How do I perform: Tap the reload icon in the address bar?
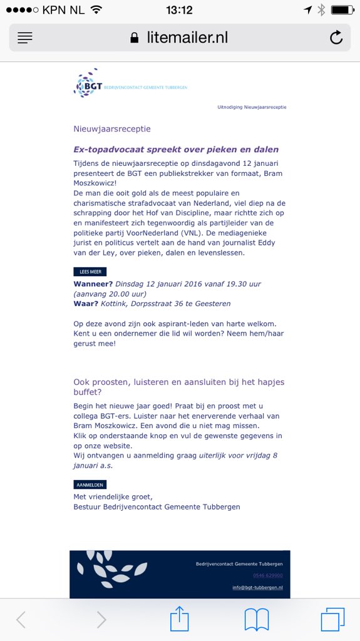pyautogui.click(x=336, y=38)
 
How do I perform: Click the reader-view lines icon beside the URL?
pyautogui.click(x=25, y=38)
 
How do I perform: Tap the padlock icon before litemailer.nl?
pyautogui.click(x=134, y=38)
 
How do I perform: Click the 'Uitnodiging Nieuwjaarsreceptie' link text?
pyautogui.click(x=252, y=107)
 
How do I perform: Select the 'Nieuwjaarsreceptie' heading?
pyautogui.click(x=112, y=129)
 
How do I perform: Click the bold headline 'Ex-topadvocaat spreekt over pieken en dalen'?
pyautogui.click(x=176, y=150)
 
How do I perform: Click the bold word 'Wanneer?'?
pyautogui.click(x=93, y=284)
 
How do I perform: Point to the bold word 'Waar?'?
pyautogui.click(x=86, y=304)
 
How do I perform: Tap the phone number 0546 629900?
pyautogui.click(x=268, y=575)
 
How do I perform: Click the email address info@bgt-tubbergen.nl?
pyautogui.click(x=257, y=587)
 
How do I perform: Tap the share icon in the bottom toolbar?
pyautogui.click(x=180, y=620)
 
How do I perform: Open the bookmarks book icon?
pyautogui.click(x=257, y=620)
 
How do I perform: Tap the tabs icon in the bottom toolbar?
pyautogui.click(x=332, y=620)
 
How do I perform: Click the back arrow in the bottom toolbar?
pyautogui.click(x=21, y=620)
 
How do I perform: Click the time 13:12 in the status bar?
pyautogui.click(x=180, y=10)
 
